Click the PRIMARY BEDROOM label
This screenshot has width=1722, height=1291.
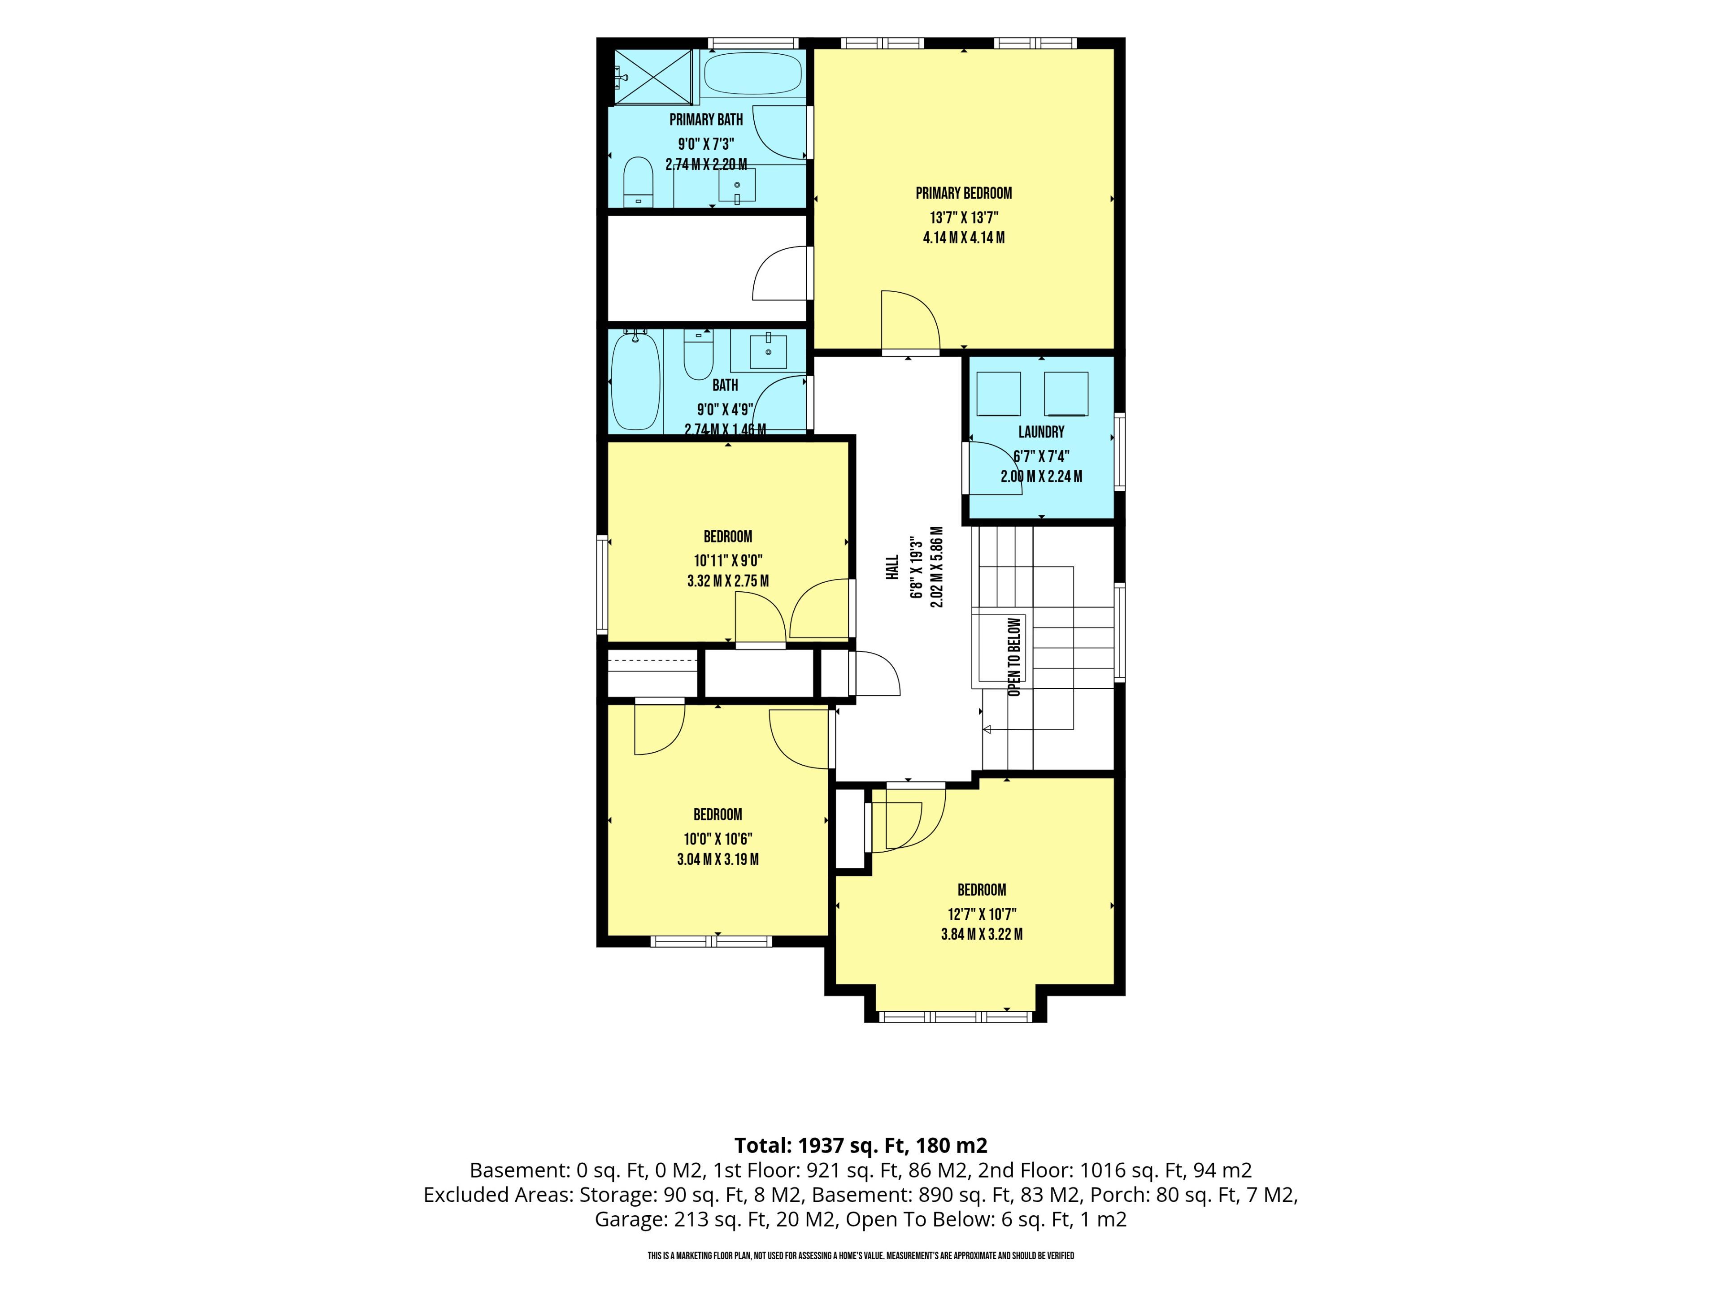pyautogui.click(x=964, y=193)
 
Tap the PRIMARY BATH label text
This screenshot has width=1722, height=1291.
pyautogui.click(x=706, y=120)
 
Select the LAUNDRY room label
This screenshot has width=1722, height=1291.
pyautogui.click(x=1042, y=432)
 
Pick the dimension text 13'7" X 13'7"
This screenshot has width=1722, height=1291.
pyautogui.click(x=964, y=218)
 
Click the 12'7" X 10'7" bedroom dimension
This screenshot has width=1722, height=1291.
pyautogui.click(x=982, y=914)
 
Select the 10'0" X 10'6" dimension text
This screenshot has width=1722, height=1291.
pyautogui.click(x=718, y=839)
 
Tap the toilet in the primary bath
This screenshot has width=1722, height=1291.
pyautogui.click(x=639, y=182)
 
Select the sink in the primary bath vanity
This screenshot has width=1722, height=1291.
pyautogui.click(x=736, y=185)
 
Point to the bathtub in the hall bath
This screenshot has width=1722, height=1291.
pyautogui.click(x=635, y=381)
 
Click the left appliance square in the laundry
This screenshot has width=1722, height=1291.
pyautogui.click(x=999, y=394)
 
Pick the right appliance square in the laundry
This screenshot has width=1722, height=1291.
pyautogui.click(x=1066, y=394)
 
